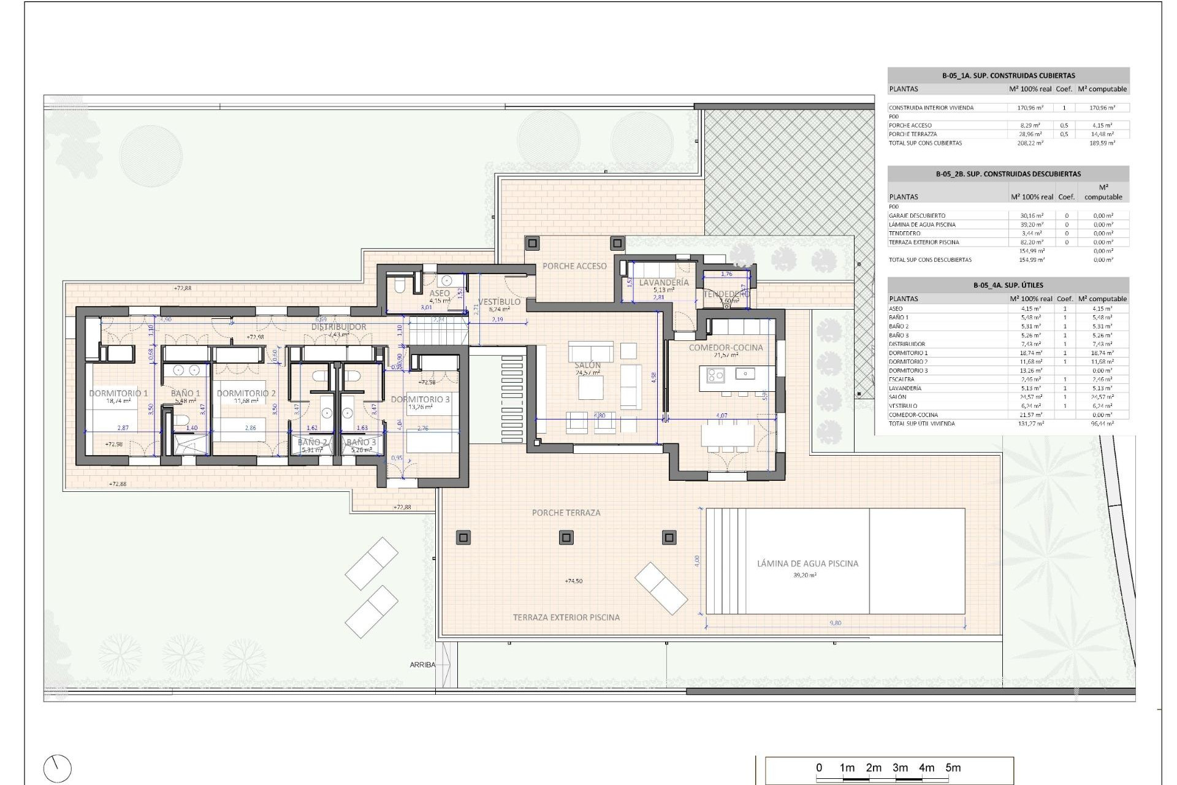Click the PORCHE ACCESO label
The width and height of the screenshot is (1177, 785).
point(574,266)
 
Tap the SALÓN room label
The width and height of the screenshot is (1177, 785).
point(588,366)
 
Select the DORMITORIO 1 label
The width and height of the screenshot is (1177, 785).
point(118,393)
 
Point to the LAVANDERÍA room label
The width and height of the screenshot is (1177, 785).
point(664,283)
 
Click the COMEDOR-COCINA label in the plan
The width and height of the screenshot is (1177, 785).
point(726,348)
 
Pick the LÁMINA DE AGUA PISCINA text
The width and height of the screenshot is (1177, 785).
point(807,563)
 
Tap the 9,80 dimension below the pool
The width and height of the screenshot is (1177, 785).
point(835,623)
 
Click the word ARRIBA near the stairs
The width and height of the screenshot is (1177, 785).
point(422,665)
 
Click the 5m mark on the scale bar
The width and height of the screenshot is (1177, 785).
point(953,768)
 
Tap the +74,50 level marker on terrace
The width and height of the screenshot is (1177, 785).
point(573,581)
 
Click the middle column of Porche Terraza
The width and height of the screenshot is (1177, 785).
point(566,538)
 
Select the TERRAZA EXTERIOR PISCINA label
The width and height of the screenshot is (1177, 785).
point(566,618)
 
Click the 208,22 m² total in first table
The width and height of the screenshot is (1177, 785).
point(1030,143)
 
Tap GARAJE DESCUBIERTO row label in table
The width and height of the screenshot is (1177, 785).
point(917,216)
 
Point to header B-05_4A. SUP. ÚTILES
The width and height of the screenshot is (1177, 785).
point(1008,285)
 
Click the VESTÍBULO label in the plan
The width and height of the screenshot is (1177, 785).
point(499,302)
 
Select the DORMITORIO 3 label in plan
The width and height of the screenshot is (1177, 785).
point(420,399)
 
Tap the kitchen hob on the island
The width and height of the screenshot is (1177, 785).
point(715,373)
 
